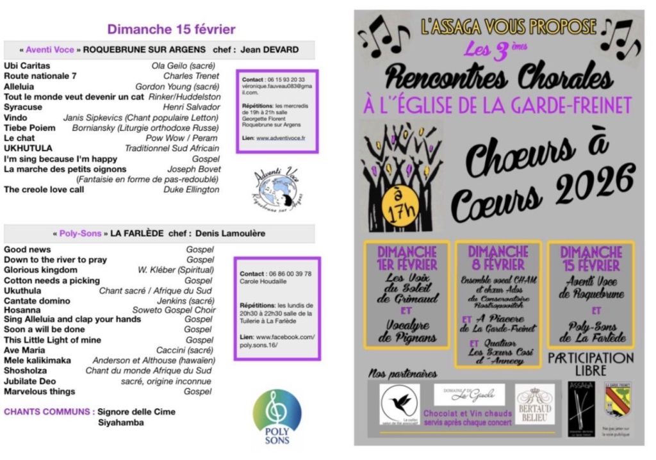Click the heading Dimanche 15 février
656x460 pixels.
click(171, 29)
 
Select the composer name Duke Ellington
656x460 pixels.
click(192, 190)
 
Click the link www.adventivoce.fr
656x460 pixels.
click(281, 138)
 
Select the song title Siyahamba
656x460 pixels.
click(120, 422)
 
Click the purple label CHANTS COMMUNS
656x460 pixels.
click(49, 412)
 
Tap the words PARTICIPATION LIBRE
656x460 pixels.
click(590, 364)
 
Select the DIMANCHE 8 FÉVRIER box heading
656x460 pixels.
click(497, 257)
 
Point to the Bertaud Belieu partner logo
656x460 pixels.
click(535, 406)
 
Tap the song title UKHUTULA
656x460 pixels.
click(28, 148)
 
